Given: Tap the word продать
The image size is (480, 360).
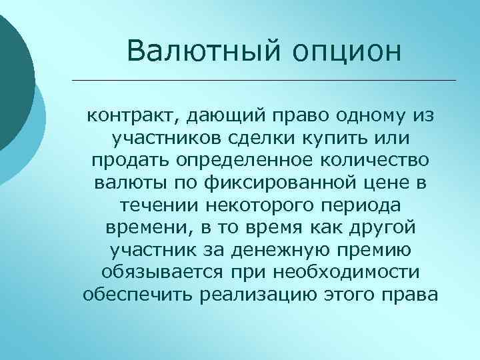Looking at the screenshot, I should click(127, 162).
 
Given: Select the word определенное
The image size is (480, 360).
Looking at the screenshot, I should click(240, 162).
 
